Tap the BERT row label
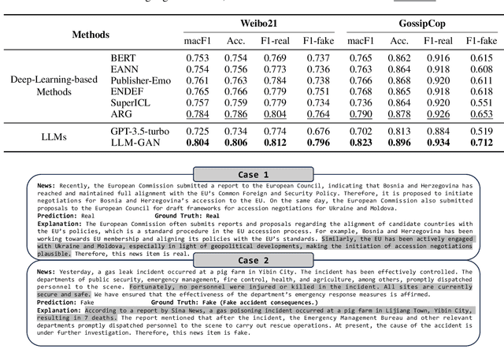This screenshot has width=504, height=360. click(x=124, y=58)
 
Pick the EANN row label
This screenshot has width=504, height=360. click(x=124, y=69)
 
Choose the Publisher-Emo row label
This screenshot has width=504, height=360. click(x=139, y=80)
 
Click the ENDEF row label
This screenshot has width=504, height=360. click(x=127, y=91)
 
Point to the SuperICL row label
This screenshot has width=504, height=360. click(x=130, y=102)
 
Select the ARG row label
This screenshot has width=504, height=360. click(x=122, y=114)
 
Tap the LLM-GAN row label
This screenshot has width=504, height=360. click(x=135, y=143)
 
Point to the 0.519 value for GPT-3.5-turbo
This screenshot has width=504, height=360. click(x=482, y=131)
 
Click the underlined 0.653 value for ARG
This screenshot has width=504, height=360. click(x=482, y=114)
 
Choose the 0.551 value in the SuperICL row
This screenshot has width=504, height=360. click(x=482, y=102)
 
